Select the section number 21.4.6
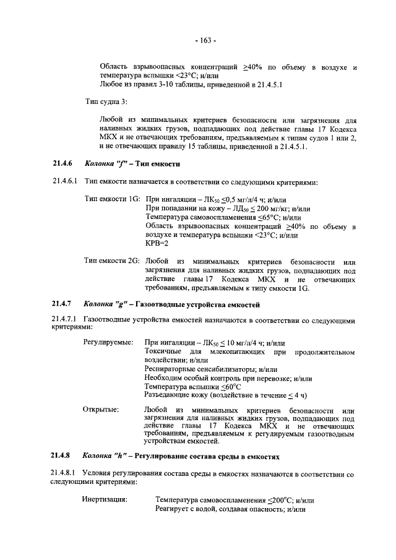click(x=62, y=164)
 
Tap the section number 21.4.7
click(x=62, y=304)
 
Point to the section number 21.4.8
click(x=62, y=455)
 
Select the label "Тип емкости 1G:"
click(x=113, y=200)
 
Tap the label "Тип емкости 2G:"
click(x=113, y=261)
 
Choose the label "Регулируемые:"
click(x=106, y=342)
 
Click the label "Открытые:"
click(x=100, y=410)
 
